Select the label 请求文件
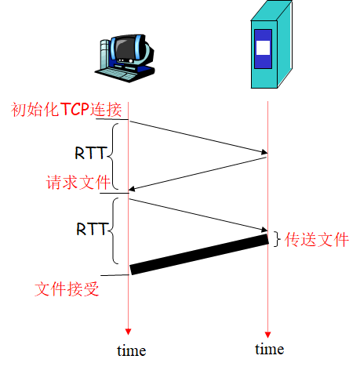tap(76, 183)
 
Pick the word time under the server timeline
tap(269, 349)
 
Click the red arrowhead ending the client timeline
tap(129, 332)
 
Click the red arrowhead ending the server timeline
tap(268, 331)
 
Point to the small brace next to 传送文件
tap(276, 238)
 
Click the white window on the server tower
tap(264, 46)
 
